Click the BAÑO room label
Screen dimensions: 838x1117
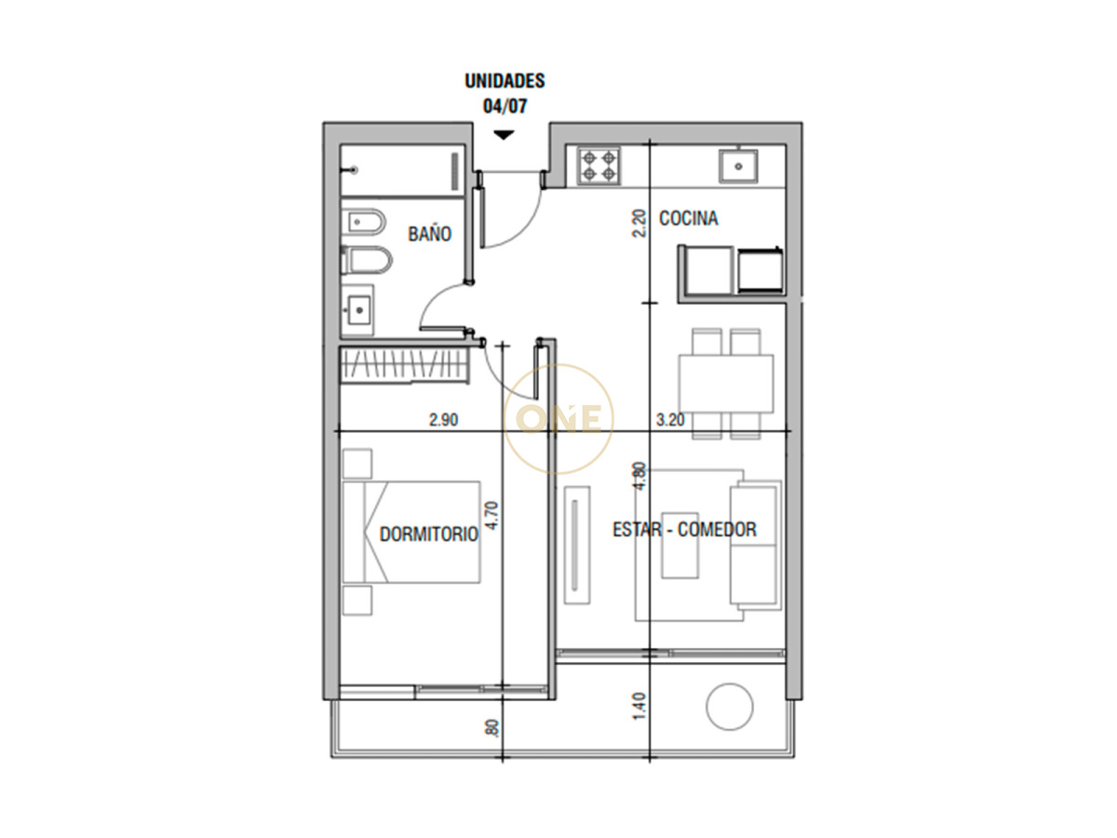(429, 234)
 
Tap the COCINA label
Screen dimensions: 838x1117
(688, 219)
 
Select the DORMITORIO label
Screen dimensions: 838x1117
(429, 534)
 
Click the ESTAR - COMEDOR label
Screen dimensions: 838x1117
(684, 530)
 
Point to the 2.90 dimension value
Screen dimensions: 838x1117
(443, 420)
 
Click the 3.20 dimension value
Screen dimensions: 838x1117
(670, 420)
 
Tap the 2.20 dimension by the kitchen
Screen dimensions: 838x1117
(639, 223)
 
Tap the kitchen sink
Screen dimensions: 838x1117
(738, 166)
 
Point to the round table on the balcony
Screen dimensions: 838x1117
(730, 707)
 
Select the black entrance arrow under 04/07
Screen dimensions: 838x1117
(504, 135)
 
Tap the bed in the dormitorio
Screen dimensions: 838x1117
(411, 532)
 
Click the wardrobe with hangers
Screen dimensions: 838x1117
(401, 364)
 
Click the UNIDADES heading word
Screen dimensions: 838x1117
(505, 81)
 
